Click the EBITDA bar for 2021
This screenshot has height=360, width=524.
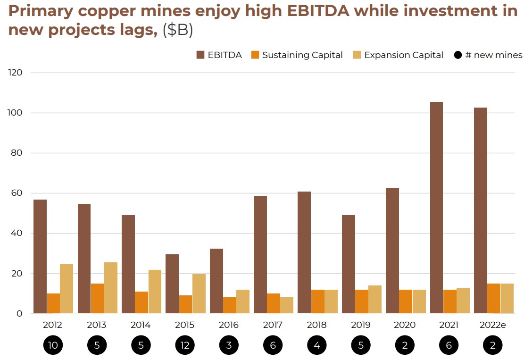click(x=436, y=208)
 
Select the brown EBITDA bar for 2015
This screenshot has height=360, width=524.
click(x=172, y=284)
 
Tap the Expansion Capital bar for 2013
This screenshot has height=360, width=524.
click(x=111, y=288)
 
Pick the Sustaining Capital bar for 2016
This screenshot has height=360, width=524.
click(x=229, y=305)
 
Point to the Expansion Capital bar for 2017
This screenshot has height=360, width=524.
click(x=287, y=305)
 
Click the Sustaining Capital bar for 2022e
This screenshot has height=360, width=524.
click(x=494, y=298)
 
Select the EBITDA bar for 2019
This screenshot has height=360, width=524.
click(x=349, y=264)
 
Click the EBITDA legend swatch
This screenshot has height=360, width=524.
click(x=200, y=55)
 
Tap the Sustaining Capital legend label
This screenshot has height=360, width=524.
click(x=302, y=55)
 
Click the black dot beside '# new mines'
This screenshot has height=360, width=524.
click(x=457, y=55)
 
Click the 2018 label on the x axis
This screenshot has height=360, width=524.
click(x=317, y=325)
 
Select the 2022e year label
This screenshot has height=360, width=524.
click(x=493, y=325)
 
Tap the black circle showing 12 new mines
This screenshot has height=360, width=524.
click(x=185, y=345)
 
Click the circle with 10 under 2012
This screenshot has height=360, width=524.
click(x=53, y=345)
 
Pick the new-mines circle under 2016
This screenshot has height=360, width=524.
click(x=229, y=345)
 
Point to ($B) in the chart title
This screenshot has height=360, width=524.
click(x=178, y=30)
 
